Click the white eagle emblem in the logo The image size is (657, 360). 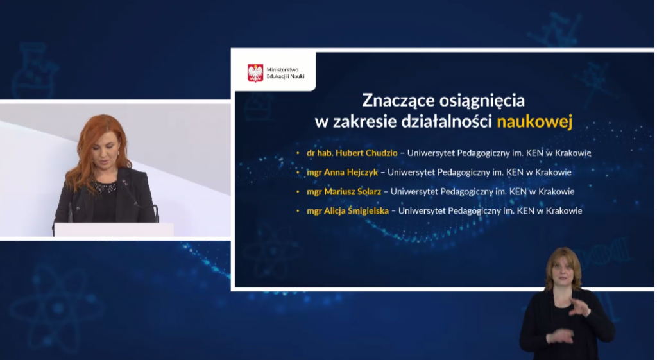(255, 73)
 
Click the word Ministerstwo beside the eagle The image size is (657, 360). (282, 69)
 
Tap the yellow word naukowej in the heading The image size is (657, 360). (534, 121)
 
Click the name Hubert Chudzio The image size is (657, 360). (366, 153)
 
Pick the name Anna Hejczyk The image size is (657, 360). (351, 172)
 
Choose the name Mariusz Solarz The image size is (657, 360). (352, 191)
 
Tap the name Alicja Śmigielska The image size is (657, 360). (356, 211)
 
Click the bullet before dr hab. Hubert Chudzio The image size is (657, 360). (298, 153)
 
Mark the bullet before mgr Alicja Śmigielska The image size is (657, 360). (298, 211)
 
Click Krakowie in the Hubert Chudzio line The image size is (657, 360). (573, 153)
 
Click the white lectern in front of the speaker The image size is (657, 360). (114, 230)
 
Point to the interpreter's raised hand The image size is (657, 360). (580, 308)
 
